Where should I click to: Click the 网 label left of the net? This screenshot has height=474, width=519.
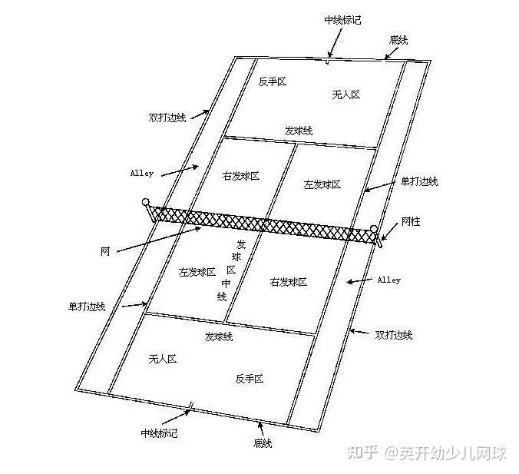click(104, 251)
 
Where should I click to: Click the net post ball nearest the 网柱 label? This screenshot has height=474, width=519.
click(374, 228)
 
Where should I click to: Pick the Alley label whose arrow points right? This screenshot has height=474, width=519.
click(142, 174)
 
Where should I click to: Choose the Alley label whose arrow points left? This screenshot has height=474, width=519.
click(388, 280)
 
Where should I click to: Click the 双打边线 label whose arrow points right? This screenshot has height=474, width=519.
click(167, 118)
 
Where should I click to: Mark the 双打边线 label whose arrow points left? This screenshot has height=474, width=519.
click(394, 335)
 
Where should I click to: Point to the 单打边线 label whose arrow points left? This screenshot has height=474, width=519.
click(419, 182)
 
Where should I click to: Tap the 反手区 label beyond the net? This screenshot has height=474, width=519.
click(272, 81)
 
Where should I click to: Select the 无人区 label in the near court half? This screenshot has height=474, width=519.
click(163, 359)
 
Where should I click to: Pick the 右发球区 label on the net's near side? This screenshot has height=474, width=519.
click(289, 282)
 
